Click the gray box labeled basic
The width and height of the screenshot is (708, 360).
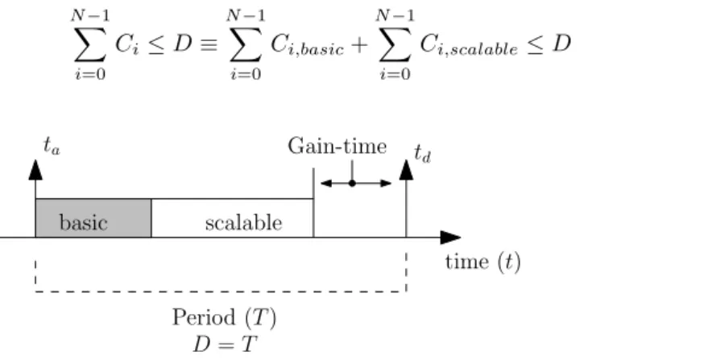tap(93, 217)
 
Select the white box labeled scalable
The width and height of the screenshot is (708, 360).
tap(232, 217)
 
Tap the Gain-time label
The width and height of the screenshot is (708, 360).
tap(337, 147)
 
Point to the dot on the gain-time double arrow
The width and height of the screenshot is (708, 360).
tap(352, 183)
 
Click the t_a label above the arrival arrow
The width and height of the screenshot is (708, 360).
tap(52, 146)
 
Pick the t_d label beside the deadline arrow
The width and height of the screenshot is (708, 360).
tap(423, 154)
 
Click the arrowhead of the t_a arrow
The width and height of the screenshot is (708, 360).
tap(35, 170)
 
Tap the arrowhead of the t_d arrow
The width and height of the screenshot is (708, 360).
tap(407, 169)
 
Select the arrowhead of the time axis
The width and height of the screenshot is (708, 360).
tap(450, 237)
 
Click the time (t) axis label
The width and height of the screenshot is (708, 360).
tap(483, 263)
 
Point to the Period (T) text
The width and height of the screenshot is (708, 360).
tap(224, 318)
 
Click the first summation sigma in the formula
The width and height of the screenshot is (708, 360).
tap(90, 44)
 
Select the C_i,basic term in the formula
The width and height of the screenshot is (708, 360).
tap(307, 46)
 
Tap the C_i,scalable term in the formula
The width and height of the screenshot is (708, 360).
tap(469, 46)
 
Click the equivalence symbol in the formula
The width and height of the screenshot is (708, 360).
tap(209, 45)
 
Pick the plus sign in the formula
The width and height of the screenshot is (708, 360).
tap(359, 45)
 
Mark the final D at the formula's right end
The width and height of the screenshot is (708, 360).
tap(562, 43)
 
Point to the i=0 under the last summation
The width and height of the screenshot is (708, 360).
tap(395, 73)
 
